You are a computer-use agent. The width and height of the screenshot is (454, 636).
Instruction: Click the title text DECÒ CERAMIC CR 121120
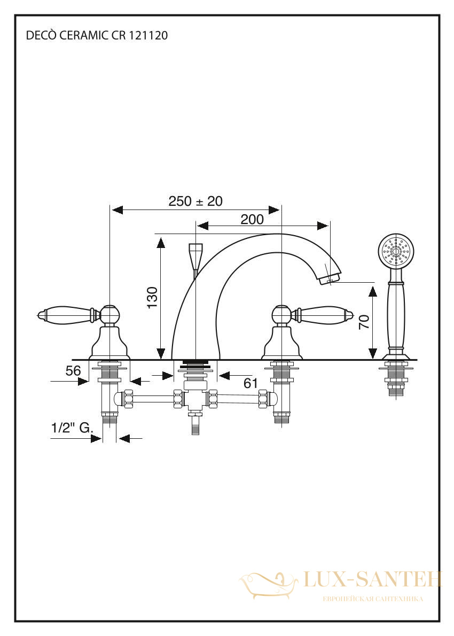[97, 36]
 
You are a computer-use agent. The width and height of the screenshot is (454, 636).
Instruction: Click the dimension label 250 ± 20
[195, 201]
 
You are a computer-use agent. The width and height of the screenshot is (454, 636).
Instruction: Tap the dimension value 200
[252, 220]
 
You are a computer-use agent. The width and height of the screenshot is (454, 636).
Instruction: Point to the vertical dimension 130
[152, 297]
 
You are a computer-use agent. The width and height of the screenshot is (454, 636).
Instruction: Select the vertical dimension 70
[364, 322]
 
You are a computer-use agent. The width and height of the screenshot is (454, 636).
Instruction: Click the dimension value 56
[73, 370]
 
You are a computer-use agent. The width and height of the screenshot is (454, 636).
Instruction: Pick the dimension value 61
[251, 383]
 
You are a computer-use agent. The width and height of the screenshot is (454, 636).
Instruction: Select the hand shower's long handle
[396, 312]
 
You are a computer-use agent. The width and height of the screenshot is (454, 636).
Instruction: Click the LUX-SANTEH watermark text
[372, 579]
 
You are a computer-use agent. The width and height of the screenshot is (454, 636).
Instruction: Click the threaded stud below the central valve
[196, 424]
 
